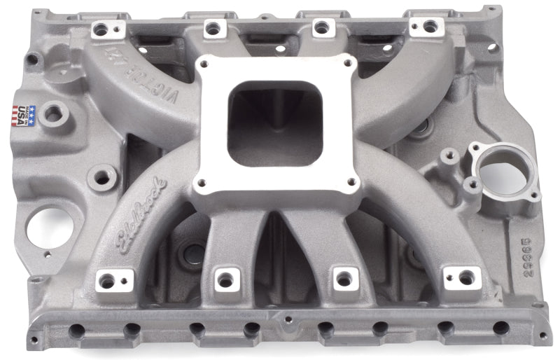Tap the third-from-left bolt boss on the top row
click(x=321, y=27)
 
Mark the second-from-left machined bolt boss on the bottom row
click(x=225, y=279)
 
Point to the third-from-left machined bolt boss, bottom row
click(x=344, y=278)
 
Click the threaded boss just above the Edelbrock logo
click(x=103, y=178)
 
